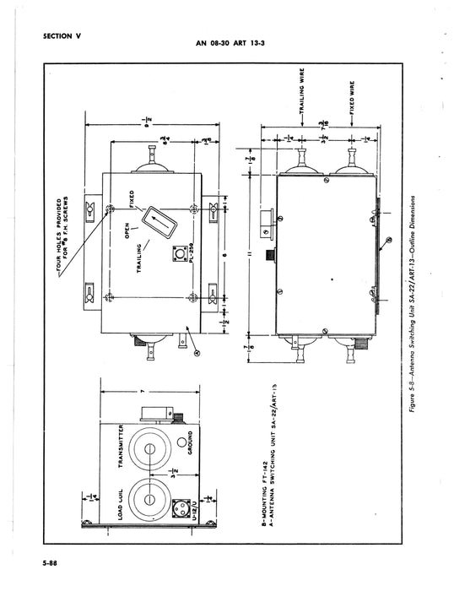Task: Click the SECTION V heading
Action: [64, 35]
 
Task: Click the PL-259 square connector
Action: [179, 255]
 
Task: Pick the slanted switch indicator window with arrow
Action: [158, 223]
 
